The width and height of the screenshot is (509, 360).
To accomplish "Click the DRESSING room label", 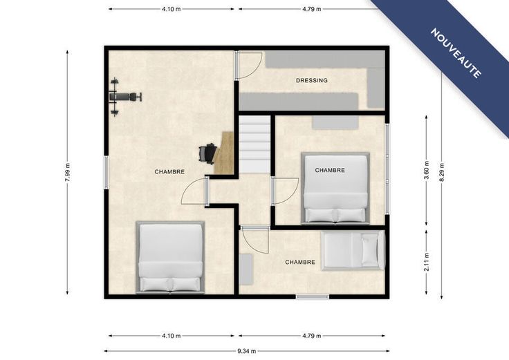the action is pyautogui.click(x=312, y=80).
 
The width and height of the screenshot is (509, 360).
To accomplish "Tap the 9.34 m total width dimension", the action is pyautogui.click(x=247, y=351).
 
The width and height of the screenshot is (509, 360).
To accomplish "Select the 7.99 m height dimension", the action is pyautogui.click(x=68, y=172).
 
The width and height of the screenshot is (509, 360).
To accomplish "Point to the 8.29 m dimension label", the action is pyautogui.click(x=441, y=172).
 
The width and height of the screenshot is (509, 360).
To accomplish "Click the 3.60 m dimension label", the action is pyautogui.click(x=427, y=170).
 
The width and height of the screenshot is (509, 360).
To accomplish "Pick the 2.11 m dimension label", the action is pyautogui.click(x=427, y=262).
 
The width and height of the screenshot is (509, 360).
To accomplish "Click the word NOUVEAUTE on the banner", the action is pyautogui.click(x=456, y=53).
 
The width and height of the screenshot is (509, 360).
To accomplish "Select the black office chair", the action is pyautogui.click(x=207, y=153).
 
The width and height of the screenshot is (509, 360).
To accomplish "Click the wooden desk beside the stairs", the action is pyautogui.click(x=225, y=153).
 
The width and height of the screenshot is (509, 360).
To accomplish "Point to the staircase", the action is pyautogui.click(x=254, y=144).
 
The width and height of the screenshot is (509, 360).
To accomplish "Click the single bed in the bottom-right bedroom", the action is pyautogui.click(x=353, y=250).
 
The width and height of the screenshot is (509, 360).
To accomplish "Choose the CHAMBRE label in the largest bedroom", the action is pyautogui.click(x=169, y=172).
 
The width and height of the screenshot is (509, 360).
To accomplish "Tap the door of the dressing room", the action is pyautogui.click(x=249, y=66).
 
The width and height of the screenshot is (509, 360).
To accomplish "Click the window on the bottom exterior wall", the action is pyautogui.click(x=313, y=296).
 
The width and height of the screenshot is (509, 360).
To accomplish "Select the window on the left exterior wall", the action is pyautogui.click(x=106, y=172).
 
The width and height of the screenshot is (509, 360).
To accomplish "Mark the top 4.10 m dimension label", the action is pyautogui.click(x=172, y=9).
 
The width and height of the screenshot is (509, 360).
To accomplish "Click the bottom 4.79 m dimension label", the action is pyautogui.click(x=312, y=336).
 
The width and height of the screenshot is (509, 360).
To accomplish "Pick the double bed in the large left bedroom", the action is pyautogui.click(x=170, y=257).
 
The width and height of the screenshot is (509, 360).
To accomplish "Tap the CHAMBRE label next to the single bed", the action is pyautogui.click(x=300, y=262).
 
